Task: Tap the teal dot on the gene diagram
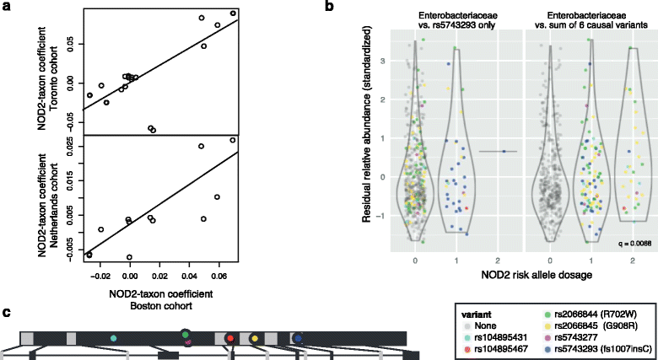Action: [113, 337]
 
